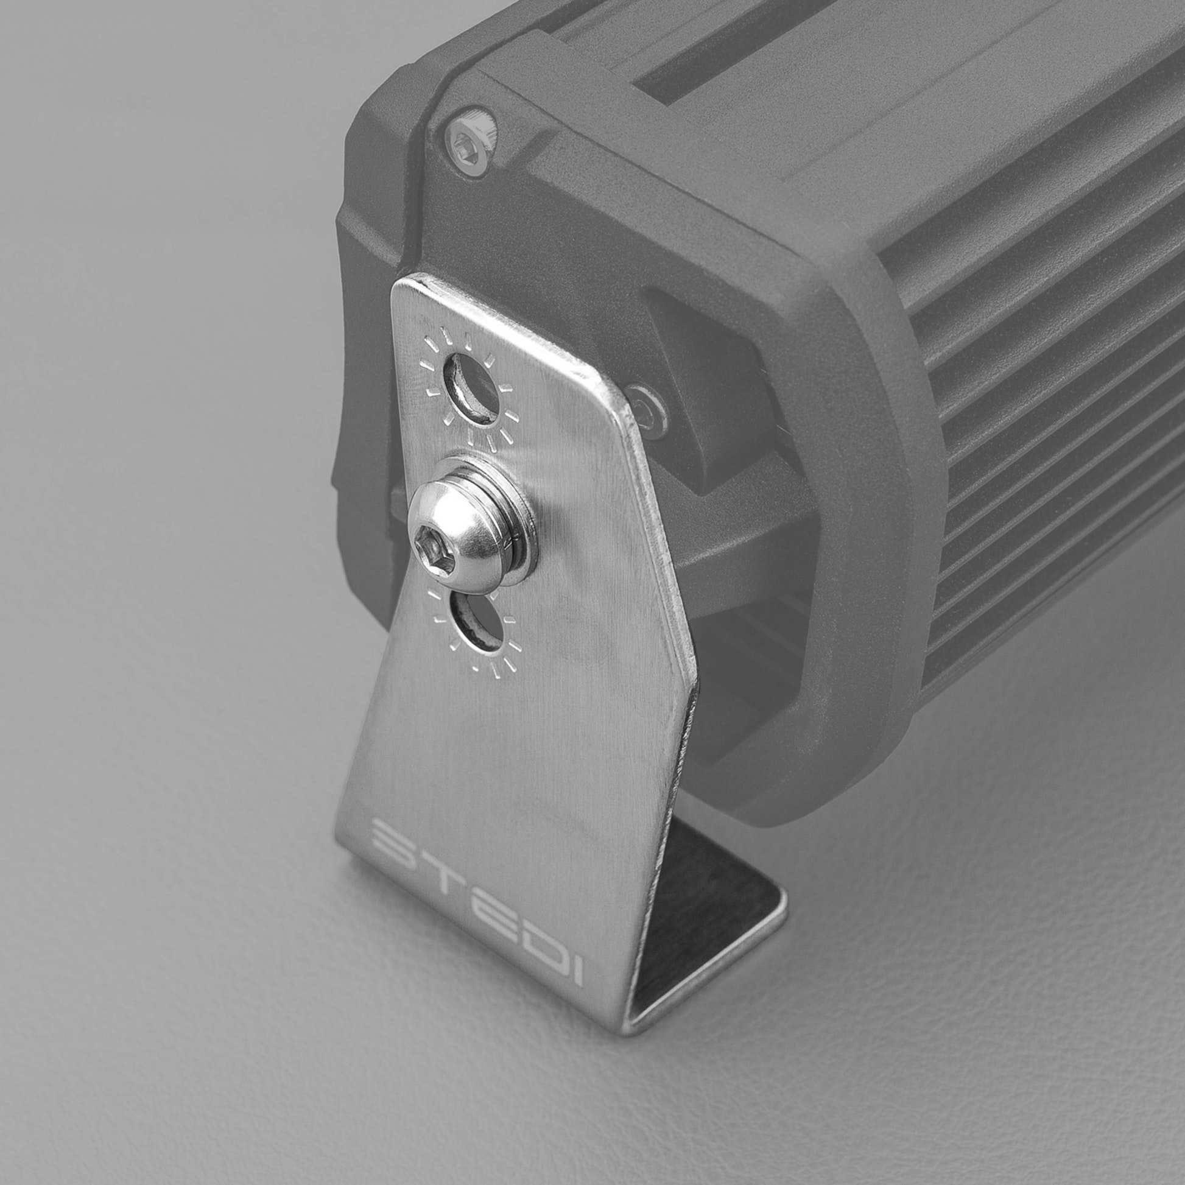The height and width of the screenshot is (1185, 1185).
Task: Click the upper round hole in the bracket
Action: tap(474, 389)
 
